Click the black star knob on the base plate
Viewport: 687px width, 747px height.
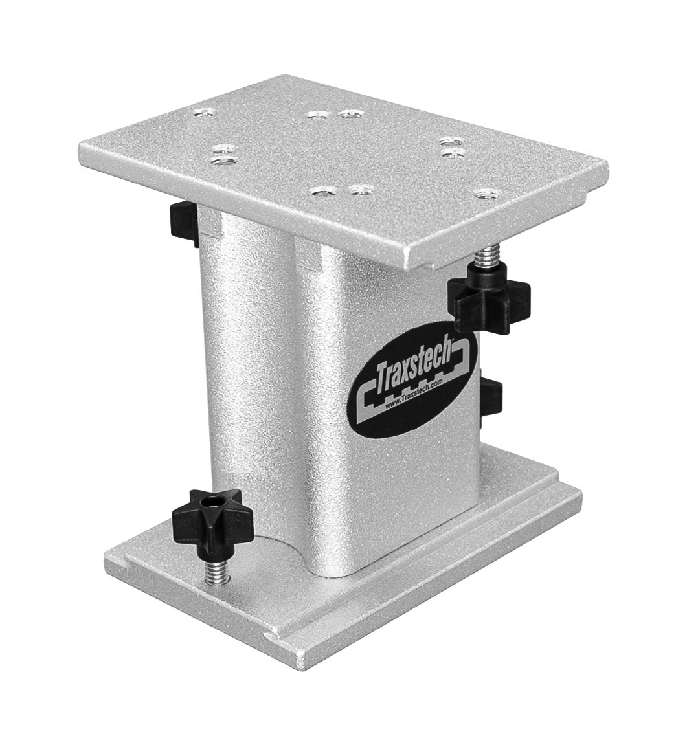point(211,518)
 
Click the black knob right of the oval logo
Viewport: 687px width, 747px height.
point(492,402)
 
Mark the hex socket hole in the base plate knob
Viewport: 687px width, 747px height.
point(211,504)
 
